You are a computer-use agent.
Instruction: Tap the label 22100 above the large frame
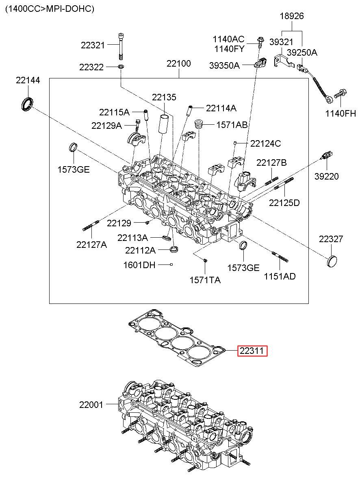pyautogui.click(x=178, y=63)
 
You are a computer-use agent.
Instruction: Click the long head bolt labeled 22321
pyautogui.click(x=121, y=46)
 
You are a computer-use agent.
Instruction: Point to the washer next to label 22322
pyautogui.click(x=121, y=66)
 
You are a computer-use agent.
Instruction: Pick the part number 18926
pyautogui.click(x=292, y=16)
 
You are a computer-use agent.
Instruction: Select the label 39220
pyautogui.click(x=326, y=176)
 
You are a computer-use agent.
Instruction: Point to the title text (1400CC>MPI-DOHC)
pyautogui.click(x=50, y=9)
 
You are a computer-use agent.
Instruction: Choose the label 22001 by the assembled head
pyautogui.click(x=91, y=405)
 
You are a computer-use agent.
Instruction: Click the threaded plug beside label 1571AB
pyautogui.click(x=199, y=125)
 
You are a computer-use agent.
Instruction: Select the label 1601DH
pyautogui.click(x=139, y=265)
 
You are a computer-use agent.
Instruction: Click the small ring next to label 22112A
pyautogui.click(x=174, y=249)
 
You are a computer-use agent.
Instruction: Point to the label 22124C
pyautogui.click(x=266, y=143)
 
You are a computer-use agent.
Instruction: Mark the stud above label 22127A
pyautogui.click(x=91, y=226)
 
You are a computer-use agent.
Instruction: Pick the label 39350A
pyautogui.click(x=224, y=65)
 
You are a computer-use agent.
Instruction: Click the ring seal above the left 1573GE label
pyautogui.click(x=73, y=147)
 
